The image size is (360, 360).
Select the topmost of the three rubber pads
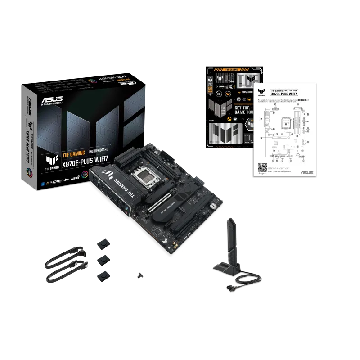104,243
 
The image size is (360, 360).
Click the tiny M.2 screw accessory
140,274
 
